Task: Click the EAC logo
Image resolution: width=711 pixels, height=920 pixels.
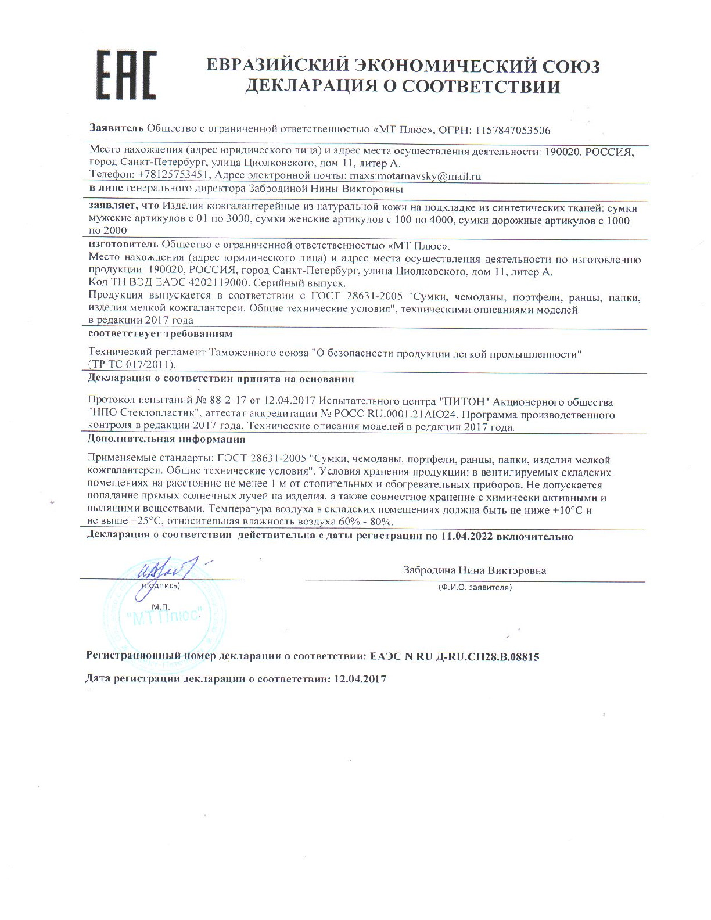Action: [125, 76]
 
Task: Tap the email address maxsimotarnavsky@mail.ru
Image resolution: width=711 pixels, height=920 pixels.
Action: [414, 176]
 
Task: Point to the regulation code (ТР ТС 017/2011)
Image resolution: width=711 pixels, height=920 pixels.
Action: [131, 365]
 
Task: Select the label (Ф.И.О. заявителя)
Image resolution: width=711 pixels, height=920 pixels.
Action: [475, 587]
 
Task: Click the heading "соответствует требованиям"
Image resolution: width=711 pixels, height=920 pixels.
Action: [160, 335]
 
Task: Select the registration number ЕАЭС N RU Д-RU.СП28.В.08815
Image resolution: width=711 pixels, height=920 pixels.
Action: [455, 657]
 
